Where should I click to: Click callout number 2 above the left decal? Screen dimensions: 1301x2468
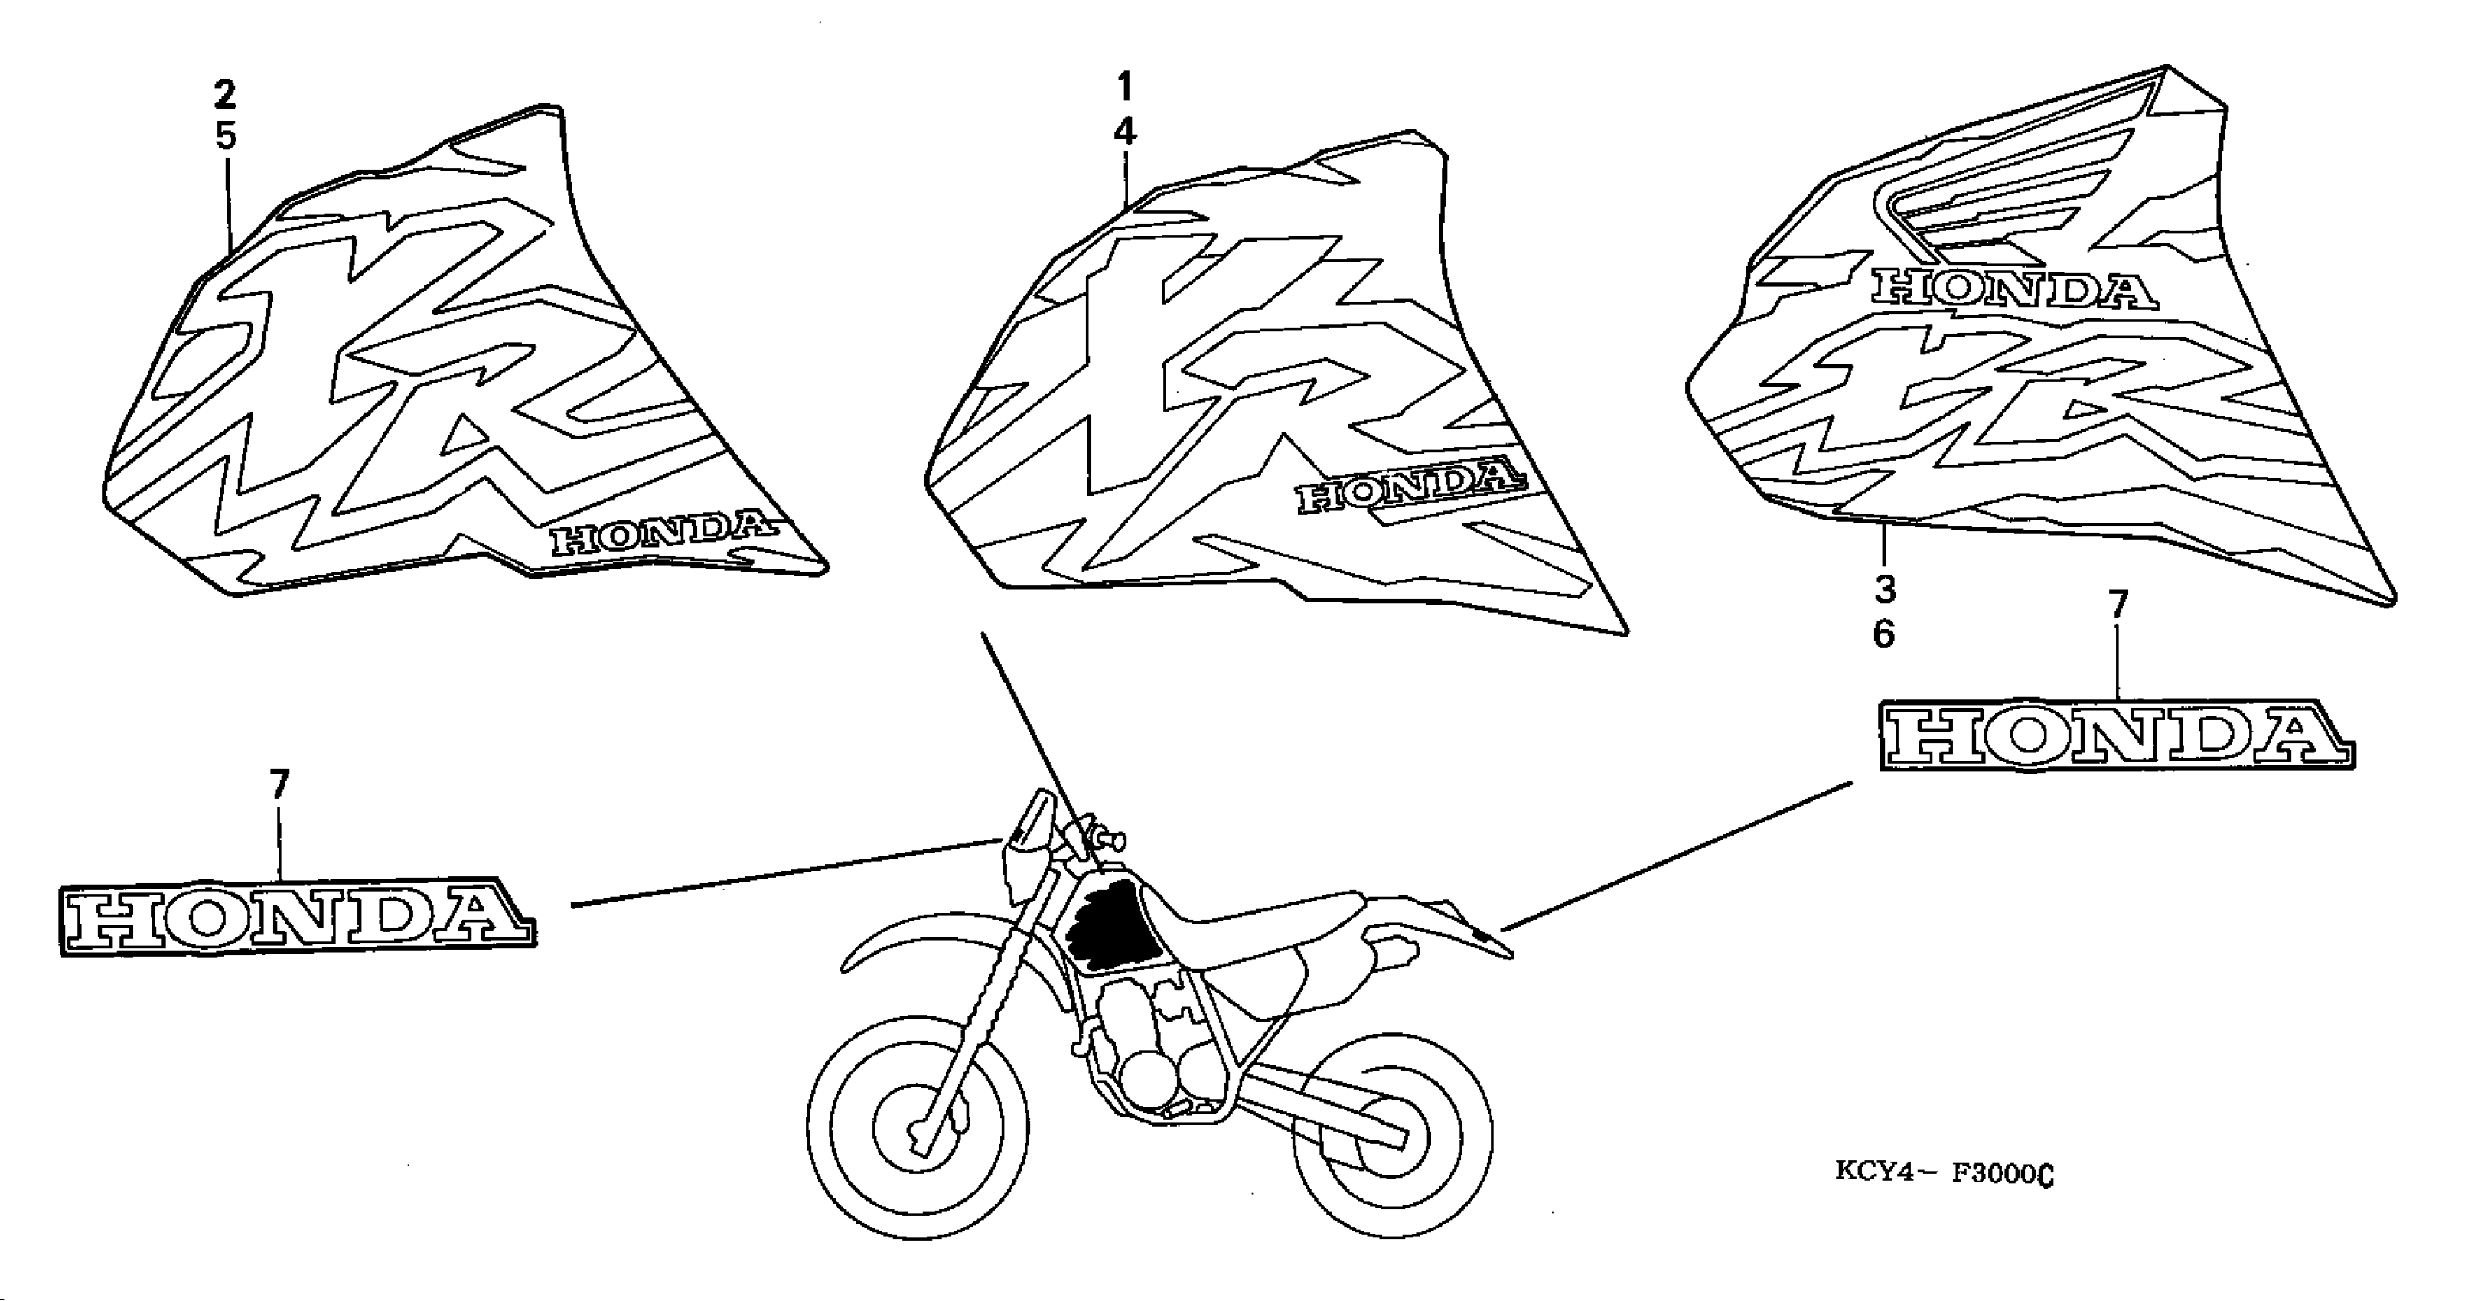point(224,94)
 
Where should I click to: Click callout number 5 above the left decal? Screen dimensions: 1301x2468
point(225,136)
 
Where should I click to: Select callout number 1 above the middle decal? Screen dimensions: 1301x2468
point(1124,87)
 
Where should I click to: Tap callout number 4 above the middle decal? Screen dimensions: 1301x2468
point(1125,132)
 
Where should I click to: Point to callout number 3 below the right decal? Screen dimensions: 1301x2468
point(1885,589)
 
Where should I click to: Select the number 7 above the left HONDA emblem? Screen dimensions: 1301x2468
point(279,786)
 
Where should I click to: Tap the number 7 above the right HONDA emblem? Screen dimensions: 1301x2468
point(2117,605)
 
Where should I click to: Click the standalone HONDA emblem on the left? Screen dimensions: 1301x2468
point(298,917)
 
